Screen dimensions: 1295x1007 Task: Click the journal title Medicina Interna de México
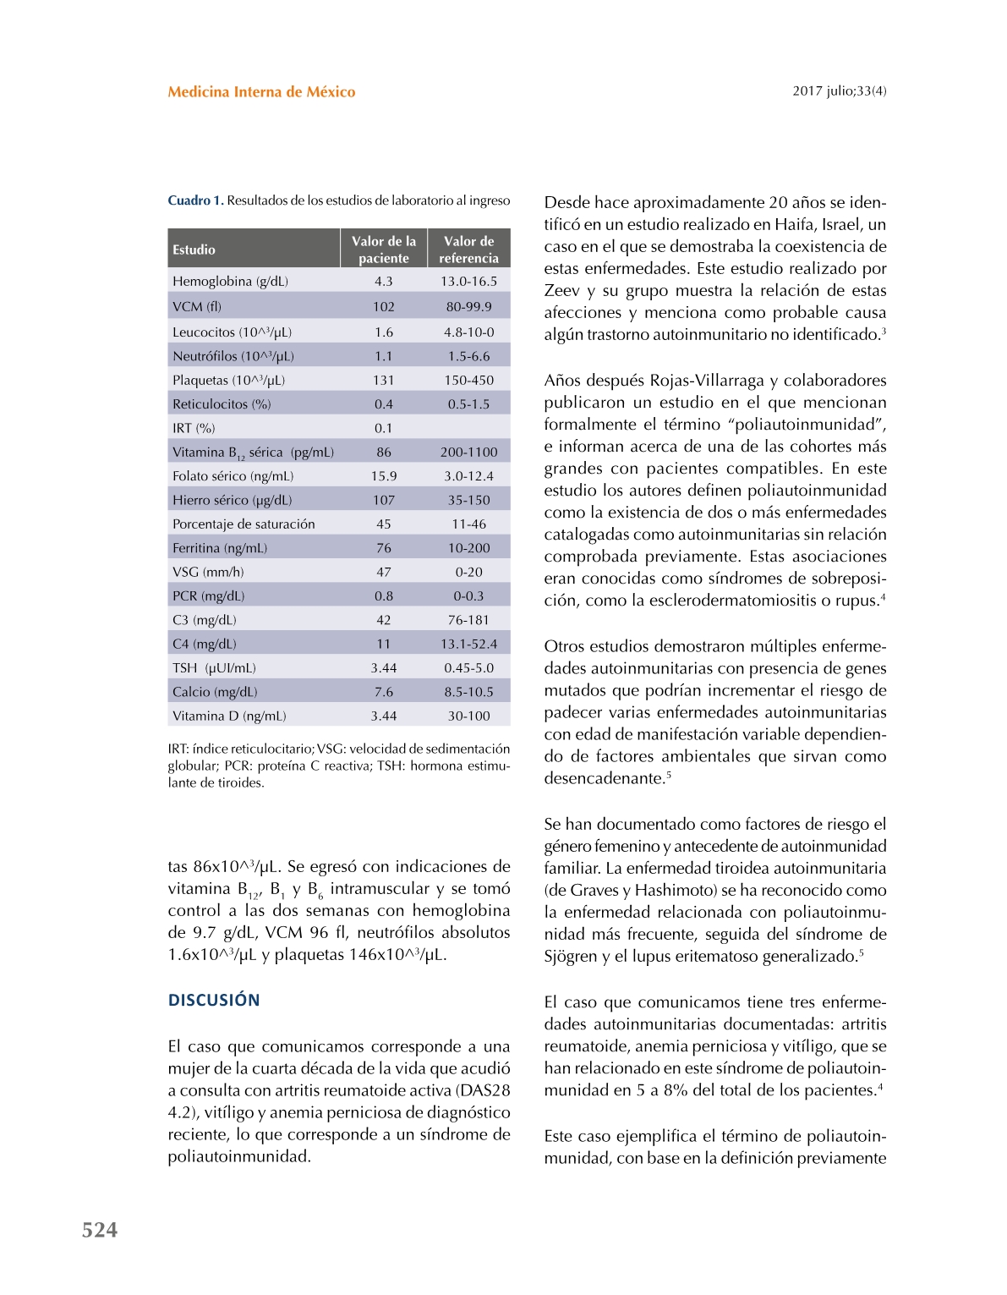coord(261,92)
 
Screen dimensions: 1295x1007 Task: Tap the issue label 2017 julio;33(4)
coord(839,91)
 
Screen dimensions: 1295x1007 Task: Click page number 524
coord(100,1230)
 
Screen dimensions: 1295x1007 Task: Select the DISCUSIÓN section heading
coord(214,1000)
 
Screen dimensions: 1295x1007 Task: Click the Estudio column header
coord(194,250)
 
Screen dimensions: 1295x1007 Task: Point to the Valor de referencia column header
coord(468,250)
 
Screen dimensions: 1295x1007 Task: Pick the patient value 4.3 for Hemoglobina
coord(383,282)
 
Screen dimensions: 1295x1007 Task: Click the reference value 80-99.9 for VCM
coord(468,306)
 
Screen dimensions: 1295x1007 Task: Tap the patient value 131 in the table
coord(383,381)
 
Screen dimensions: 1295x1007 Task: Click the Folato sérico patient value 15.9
coord(383,476)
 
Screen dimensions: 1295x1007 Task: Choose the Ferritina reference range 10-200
coord(468,548)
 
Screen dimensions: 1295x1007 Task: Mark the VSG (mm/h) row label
coord(208,573)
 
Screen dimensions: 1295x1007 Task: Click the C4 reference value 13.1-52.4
coord(468,644)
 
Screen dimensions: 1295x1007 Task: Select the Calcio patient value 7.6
coord(383,692)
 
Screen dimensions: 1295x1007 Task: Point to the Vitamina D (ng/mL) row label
coord(229,716)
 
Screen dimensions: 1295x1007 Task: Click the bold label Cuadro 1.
coord(195,200)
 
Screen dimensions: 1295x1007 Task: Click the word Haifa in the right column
coord(795,225)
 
